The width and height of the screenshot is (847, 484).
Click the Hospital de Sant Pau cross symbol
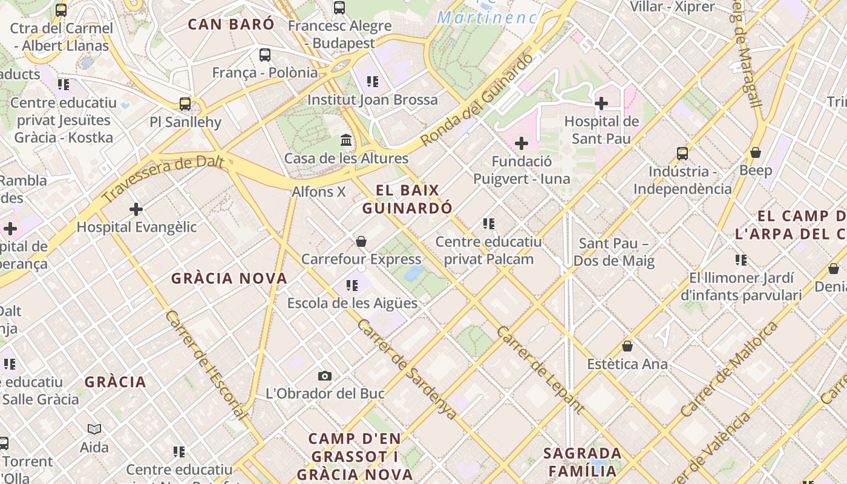coord(601,103)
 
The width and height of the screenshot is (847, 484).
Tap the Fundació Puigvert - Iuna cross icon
coord(521,143)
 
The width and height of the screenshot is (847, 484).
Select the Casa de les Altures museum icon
coord(346,140)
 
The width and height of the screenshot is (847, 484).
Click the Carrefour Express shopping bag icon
coord(361,241)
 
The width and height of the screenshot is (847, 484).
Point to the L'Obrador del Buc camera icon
coord(325,376)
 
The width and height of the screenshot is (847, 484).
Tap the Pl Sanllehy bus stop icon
coord(185,104)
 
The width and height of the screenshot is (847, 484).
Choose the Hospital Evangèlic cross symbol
coord(136,209)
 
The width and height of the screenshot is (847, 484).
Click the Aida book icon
coord(94,430)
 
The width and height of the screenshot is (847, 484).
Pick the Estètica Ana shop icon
coord(627,346)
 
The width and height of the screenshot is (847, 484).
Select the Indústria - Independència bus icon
coord(682,154)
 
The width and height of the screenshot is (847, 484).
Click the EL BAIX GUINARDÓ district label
coord(407,199)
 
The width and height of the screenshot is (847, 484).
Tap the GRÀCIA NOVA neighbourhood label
coord(229,278)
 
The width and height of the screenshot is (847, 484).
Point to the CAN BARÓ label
coord(231,24)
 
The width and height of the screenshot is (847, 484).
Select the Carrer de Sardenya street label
coord(407,368)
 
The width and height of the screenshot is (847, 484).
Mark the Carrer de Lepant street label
coord(540,369)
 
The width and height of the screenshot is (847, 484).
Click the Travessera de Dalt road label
coord(163,179)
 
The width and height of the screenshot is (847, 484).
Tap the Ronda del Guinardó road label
coord(477,99)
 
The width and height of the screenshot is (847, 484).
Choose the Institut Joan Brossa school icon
coord(373,81)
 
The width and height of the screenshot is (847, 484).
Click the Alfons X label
coord(319,192)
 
